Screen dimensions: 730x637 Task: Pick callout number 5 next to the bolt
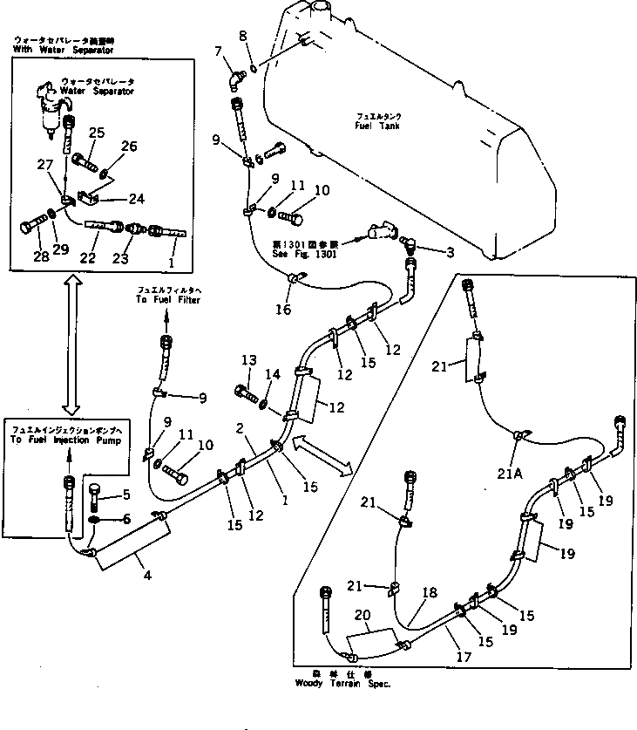[126, 495]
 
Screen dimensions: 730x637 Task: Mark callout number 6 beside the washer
[127, 518]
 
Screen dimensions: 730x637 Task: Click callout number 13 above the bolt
[248, 361]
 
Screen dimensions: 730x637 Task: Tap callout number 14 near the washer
[274, 375]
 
